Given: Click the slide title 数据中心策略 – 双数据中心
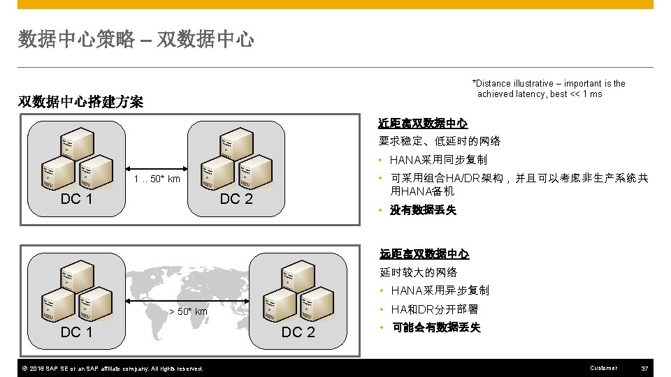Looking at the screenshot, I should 136,40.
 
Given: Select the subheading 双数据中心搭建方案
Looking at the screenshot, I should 80,102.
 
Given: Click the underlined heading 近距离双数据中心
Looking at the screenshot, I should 423,123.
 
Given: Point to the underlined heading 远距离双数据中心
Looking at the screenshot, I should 424,254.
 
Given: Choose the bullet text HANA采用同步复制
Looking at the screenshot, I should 438,160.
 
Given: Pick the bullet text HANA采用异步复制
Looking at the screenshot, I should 440,290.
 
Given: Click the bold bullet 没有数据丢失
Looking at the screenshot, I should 423,210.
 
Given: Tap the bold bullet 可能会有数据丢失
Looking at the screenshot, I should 435,327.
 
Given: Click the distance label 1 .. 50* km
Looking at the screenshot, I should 157,179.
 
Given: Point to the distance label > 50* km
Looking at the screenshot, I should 189,311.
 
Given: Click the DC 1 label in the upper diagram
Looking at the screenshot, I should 77,199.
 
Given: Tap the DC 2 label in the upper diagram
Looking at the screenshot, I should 236,199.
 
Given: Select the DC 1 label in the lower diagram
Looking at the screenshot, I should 77,332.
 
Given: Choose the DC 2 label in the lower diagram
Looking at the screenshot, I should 298,332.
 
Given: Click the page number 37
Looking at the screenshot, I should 645,368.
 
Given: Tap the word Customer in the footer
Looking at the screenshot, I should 603,368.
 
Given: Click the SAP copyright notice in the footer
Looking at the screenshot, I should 113,369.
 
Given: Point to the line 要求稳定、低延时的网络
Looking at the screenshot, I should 440,141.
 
